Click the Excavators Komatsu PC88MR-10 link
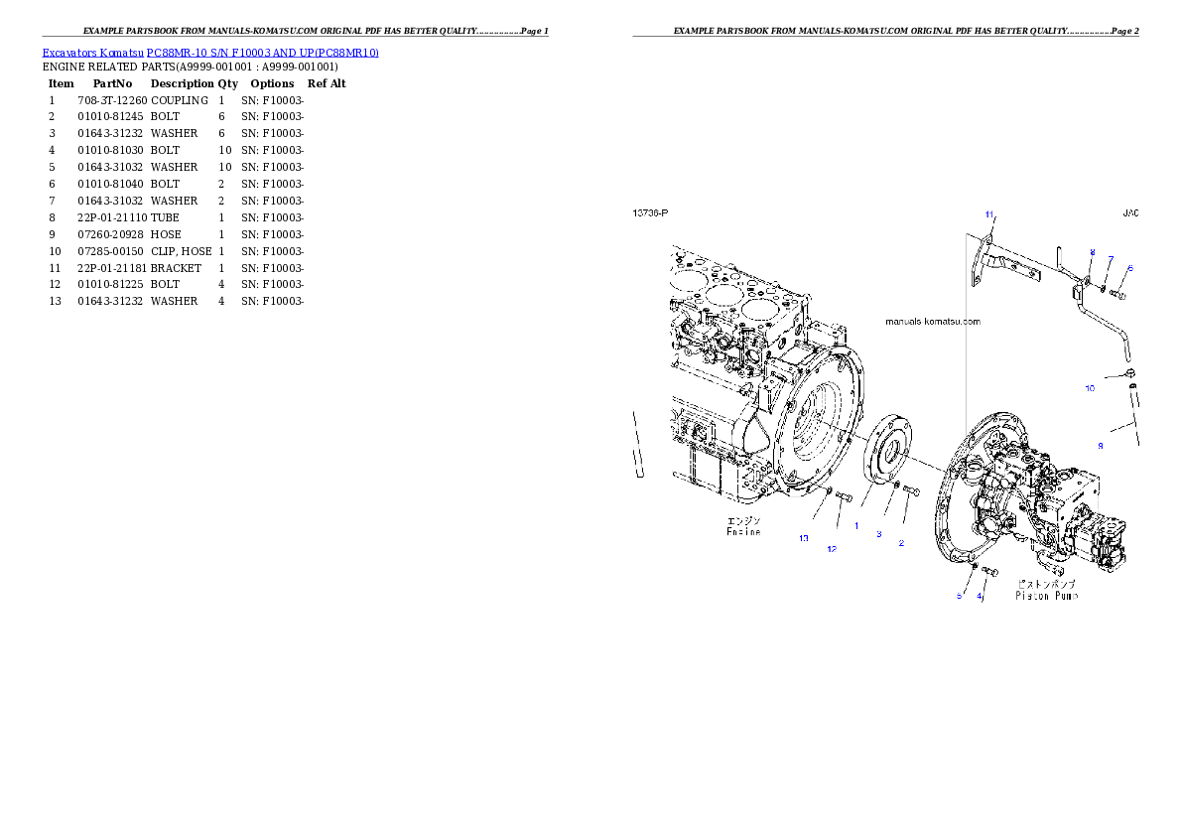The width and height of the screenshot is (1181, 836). (210, 52)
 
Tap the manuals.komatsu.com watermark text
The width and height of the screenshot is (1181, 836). (932, 322)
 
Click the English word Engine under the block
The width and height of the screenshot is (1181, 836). (743, 532)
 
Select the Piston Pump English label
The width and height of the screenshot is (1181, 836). (1046, 596)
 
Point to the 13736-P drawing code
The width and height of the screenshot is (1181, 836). (651, 213)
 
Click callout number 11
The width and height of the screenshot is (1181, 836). (988, 214)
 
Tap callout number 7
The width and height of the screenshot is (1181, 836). (1111, 259)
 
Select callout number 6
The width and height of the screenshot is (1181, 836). (1129, 269)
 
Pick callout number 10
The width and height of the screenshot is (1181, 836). (1090, 388)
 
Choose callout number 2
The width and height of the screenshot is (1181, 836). (901, 543)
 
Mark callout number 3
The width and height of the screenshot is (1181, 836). (878, 534)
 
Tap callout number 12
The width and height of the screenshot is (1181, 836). (832, 547)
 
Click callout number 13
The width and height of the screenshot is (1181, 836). (804, 538)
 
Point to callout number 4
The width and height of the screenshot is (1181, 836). (981, 597)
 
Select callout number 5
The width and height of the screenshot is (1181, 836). (959, 597)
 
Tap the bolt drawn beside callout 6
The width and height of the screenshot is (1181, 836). (1117, 294)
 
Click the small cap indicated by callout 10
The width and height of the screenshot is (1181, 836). (1129, 374)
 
